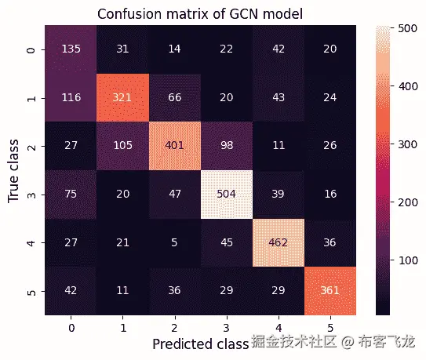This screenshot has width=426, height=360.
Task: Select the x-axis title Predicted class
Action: (x=198, y=344)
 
